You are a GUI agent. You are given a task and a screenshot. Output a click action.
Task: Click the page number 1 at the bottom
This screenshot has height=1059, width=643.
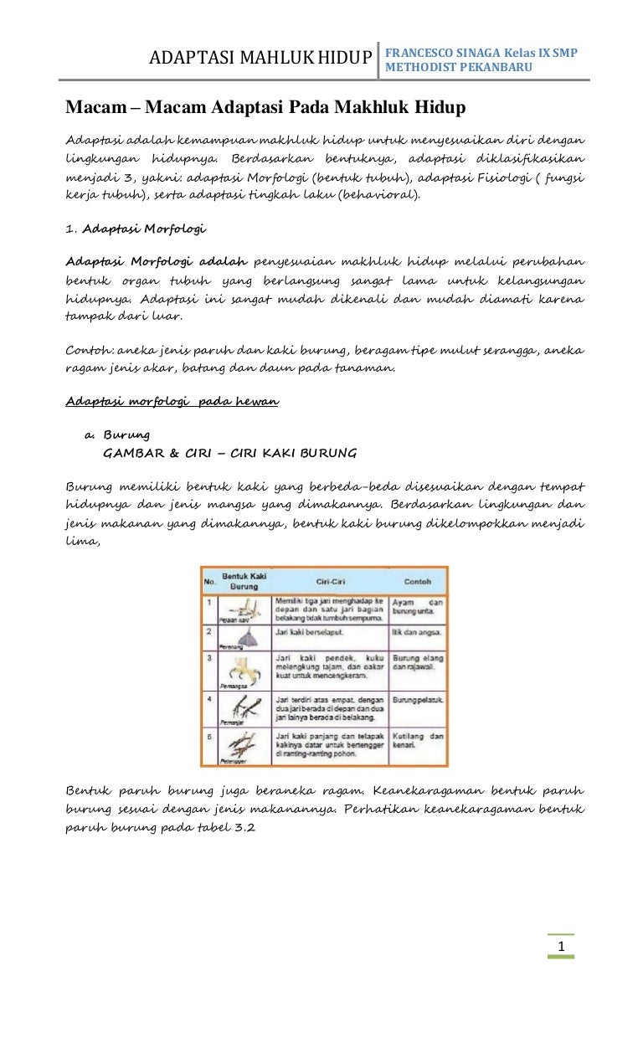point(562,947)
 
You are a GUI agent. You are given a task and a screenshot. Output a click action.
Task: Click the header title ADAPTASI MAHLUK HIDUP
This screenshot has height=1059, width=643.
point(260,58)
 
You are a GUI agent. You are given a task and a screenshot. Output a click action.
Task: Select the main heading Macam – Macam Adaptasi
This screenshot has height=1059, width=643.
point(266,108)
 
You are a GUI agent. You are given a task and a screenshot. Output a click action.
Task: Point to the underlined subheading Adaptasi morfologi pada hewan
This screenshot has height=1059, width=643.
point(172,401)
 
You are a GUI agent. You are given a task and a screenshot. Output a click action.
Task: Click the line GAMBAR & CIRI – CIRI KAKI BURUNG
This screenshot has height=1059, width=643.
point(229,453)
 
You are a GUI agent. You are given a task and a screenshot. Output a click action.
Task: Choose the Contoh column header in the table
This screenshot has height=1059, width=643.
point(418,580)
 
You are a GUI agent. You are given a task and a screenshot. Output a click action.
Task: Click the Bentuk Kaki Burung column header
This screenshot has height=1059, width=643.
point(244,580)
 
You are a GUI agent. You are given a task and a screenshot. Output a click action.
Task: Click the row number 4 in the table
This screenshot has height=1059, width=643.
point(208,697)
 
